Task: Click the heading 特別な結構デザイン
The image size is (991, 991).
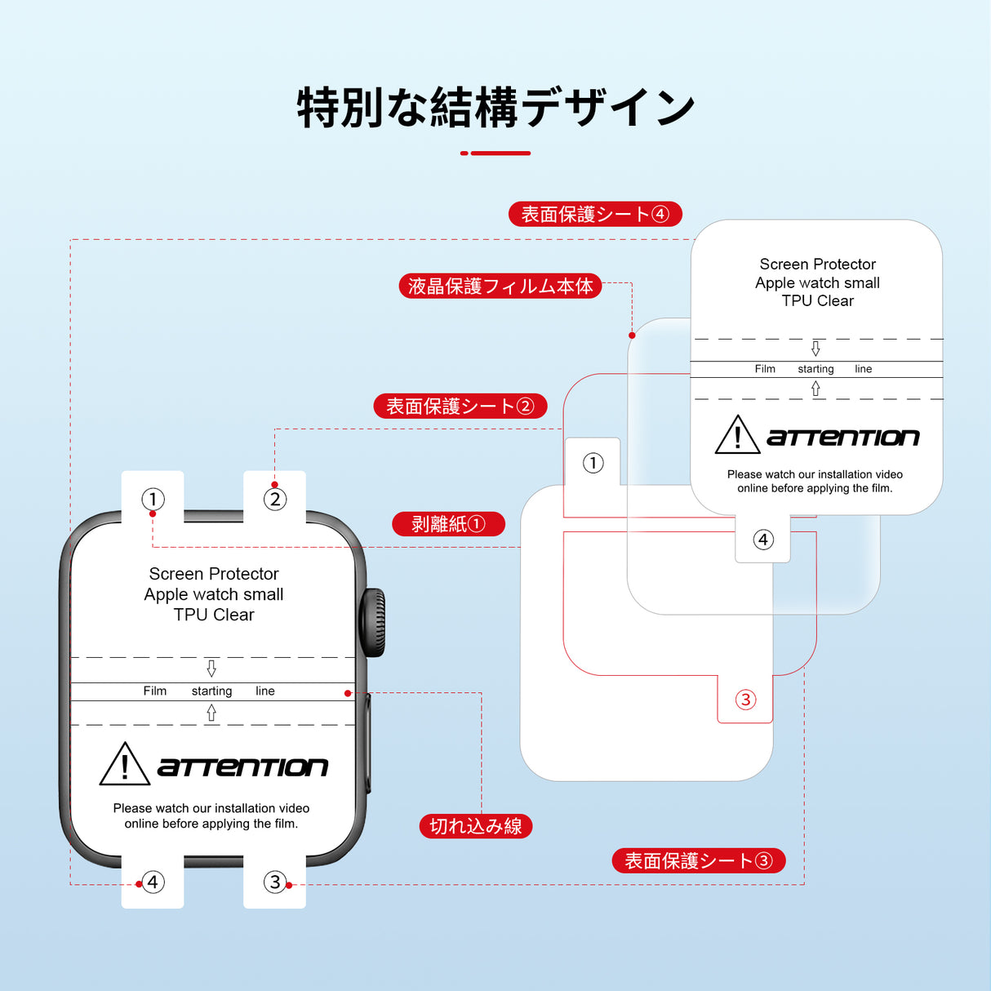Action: tap(495, 108)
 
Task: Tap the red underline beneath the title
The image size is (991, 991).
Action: tap(495, 153)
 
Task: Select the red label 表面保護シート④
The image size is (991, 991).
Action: tap(595, 214)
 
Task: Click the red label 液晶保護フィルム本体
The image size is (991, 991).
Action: tap(500, 286)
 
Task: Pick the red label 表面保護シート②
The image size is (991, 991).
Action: tap(460, 406)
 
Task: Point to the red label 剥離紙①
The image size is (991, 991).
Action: tap(448, 524)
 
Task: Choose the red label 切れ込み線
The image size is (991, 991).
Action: tap(476, 826)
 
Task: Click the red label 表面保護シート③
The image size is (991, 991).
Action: tap(698, 860)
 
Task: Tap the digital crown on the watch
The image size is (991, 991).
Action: tap(374, 622)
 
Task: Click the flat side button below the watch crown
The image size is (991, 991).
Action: tap(368, 743)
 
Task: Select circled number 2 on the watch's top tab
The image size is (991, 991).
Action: tap(275, 499)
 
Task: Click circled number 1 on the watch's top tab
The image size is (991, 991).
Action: tap(153, 499)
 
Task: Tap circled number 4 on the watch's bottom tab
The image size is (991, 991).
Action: tap(153, 882)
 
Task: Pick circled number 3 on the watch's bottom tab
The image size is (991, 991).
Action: tap(275, 882)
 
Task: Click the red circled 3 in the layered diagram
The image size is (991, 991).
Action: tap(745, 700)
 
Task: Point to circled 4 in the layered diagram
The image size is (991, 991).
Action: tap(763, 540)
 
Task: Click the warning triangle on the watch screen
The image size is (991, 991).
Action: tap(124, 766)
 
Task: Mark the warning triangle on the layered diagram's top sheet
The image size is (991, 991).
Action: tap(737, 436)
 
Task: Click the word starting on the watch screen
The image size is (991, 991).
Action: tap(211, 691)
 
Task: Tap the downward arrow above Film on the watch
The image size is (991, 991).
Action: tap(211, 669)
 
